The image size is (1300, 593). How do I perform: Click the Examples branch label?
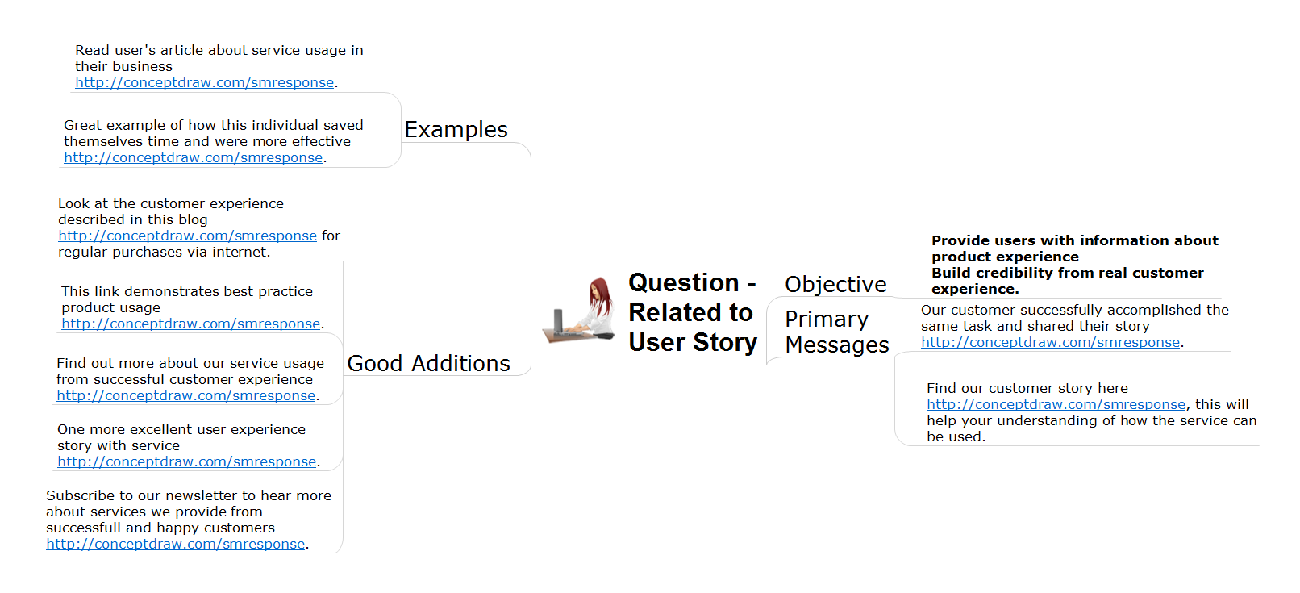pos(456,130)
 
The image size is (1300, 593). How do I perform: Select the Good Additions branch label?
pos(428,364)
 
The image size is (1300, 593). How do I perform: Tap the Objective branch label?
pos(835,284)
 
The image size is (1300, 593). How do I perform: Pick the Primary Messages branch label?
pos(837,332)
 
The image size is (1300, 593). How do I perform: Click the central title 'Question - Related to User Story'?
pos(693,312)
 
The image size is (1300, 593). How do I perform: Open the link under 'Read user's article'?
pos(204,82)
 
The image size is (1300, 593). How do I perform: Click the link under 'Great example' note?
pos(194,157)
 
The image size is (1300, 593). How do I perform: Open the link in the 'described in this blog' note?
pos(187,236)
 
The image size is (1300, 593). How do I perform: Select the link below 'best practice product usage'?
pos(191,324)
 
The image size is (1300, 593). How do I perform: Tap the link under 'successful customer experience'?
pos(185,395)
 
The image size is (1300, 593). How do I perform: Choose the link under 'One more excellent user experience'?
pos(187,461)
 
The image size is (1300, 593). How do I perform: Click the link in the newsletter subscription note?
pos(176,545)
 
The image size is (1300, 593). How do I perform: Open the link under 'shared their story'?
pos(1051,343)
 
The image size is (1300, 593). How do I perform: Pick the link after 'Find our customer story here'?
pos(1056,404)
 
